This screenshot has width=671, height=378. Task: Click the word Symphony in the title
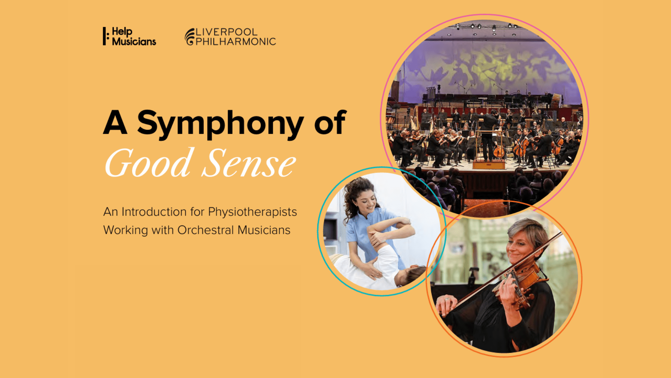pos(220,123)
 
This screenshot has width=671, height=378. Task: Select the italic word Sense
pos(249,163)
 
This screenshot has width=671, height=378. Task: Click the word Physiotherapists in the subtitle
pos(252,212)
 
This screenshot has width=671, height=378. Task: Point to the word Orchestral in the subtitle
pos(205,230)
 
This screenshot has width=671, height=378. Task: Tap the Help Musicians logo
pos(129,36)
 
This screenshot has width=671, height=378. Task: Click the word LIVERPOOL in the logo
pos(226,32)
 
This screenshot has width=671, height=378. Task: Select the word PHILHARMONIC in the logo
pos(236,42)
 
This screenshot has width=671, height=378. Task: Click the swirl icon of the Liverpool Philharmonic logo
pos(189,37)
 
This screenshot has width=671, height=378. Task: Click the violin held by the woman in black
pos(521,280)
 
